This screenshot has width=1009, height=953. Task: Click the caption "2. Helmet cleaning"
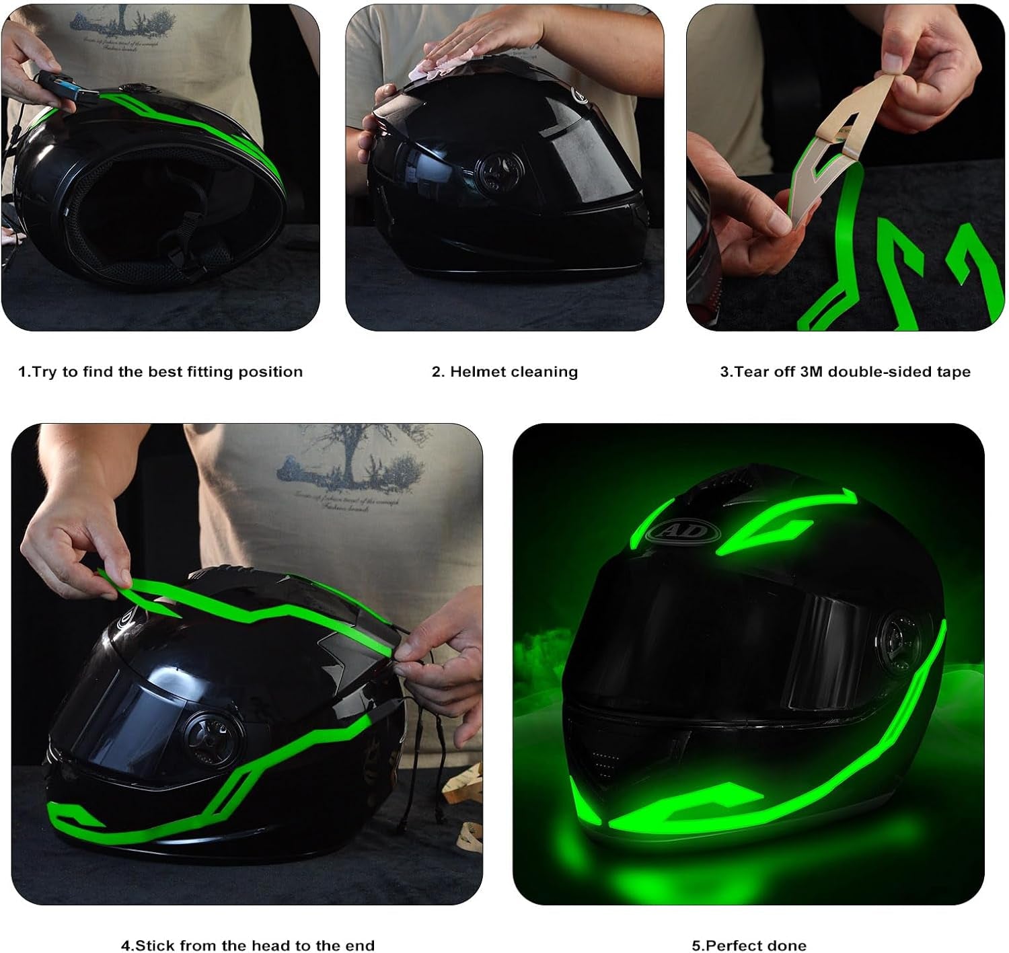(x=504, y=372)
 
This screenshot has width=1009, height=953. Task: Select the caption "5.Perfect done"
(x=749, y=946)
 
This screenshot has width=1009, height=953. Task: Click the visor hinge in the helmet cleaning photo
(x=496, y=166)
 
